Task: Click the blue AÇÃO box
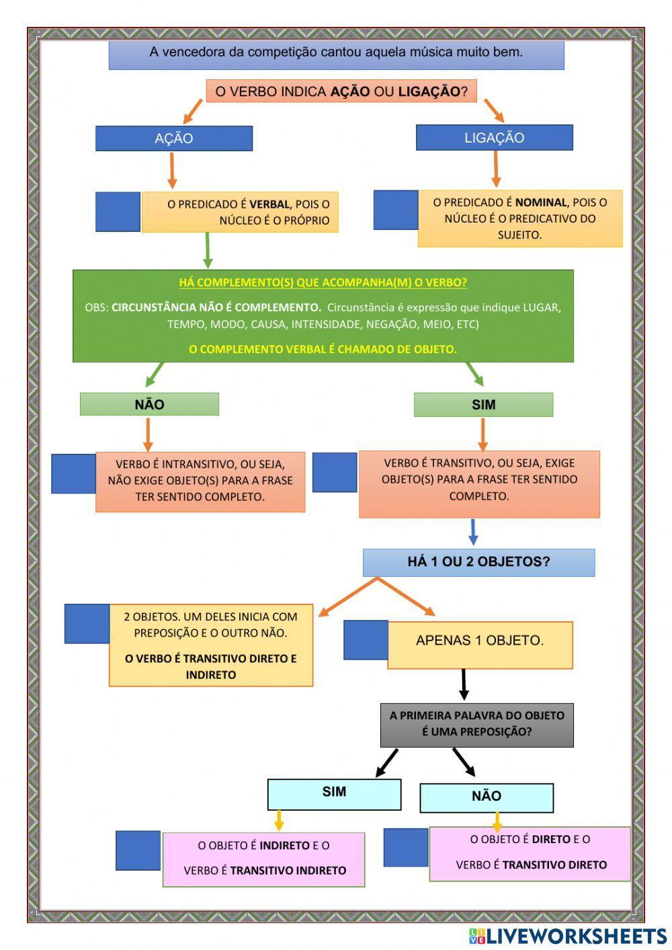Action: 173,138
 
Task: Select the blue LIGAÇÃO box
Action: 494,138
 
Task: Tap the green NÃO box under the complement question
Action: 149,404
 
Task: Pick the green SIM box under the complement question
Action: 483,405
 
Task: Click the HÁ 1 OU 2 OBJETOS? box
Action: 478,562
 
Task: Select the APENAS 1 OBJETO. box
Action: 480,641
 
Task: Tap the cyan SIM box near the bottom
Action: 334,793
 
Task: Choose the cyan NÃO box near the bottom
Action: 487,797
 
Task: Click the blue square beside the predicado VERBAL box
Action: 118,212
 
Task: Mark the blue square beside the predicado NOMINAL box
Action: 396,210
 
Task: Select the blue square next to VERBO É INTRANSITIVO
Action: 73,474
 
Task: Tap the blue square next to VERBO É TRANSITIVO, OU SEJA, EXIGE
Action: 335,472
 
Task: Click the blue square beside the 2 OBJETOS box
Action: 87,624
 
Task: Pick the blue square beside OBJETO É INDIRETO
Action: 138,851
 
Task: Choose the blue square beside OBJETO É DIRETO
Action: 406,847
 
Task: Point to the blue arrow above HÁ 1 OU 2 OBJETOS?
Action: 473,532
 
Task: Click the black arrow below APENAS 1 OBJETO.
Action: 463,684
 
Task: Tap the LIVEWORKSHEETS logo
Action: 567,936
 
